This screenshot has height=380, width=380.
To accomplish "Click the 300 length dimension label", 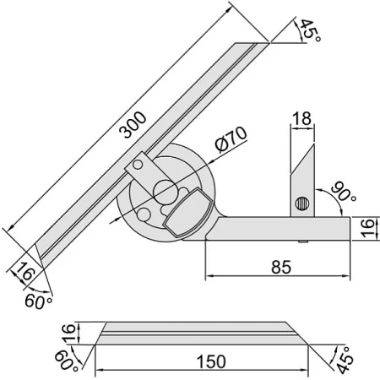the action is [x=133, y=125].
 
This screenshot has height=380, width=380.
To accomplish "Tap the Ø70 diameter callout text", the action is [x=231, y=139].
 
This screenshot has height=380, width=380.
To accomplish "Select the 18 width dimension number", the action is [x=302, y=118].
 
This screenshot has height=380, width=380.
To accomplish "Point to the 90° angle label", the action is [x=343, y=193].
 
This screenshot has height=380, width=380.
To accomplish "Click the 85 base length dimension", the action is [x=281, y=267].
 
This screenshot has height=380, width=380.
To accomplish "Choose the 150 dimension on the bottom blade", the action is [x=211, y=361].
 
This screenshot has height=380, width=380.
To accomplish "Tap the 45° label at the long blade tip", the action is [x=309, y=30].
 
